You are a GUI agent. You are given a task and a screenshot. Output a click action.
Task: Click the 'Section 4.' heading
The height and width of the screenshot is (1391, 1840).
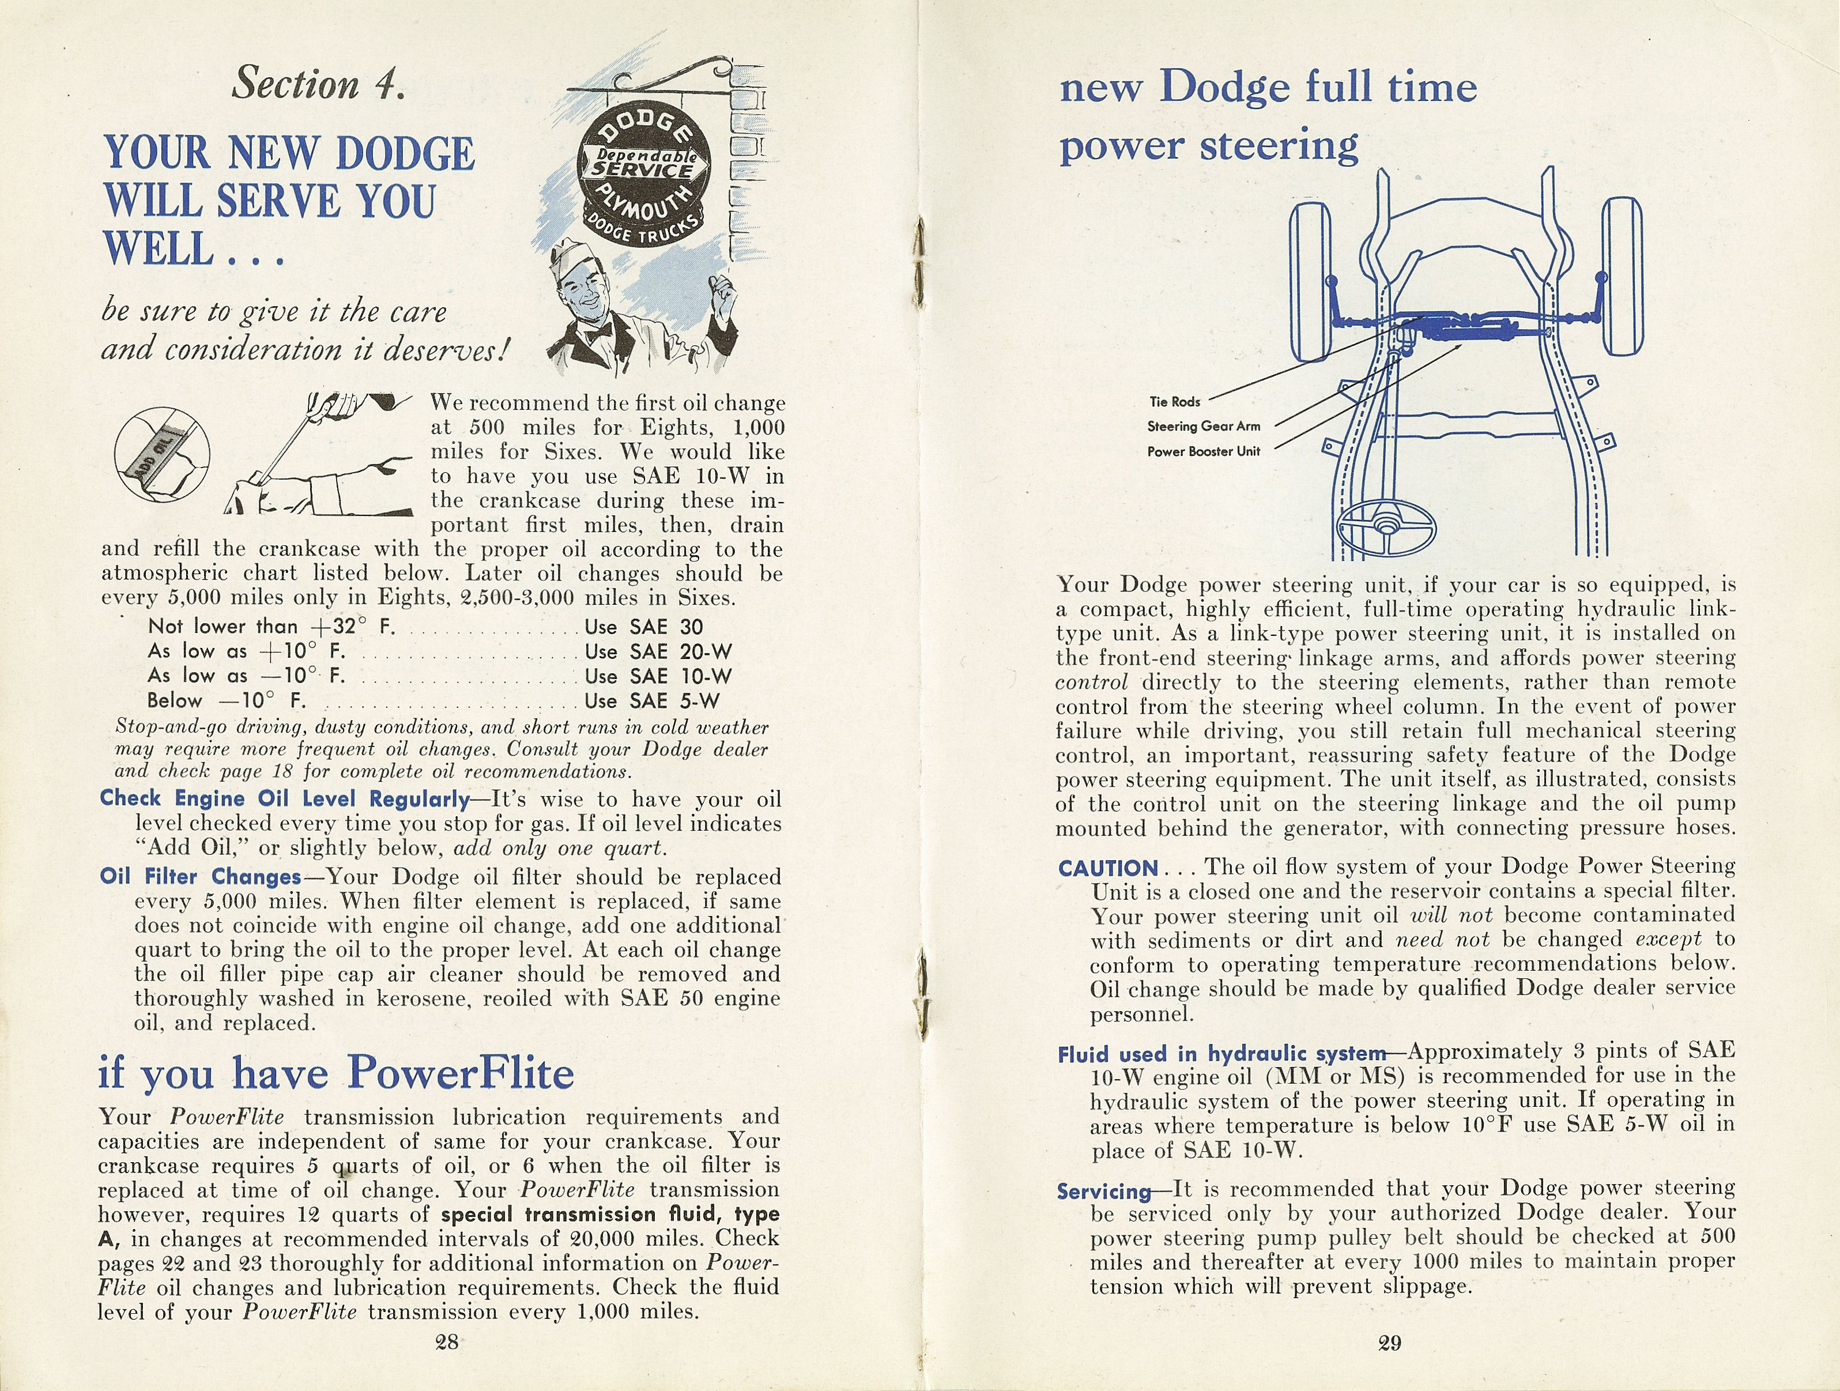tap(319, 84)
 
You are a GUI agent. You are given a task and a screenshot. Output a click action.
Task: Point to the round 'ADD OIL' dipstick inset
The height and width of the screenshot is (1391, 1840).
tap(162, 455)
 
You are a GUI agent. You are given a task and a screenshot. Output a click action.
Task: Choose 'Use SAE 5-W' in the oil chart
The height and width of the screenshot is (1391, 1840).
tap(651, 700)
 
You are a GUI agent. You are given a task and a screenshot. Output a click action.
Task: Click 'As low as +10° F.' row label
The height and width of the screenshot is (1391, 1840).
tap(246, 651)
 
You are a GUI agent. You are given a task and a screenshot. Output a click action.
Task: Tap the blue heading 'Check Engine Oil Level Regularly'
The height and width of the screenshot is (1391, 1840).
tap(285, 798)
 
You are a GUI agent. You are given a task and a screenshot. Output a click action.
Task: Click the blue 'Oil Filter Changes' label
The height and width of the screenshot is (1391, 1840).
tap(199, 877)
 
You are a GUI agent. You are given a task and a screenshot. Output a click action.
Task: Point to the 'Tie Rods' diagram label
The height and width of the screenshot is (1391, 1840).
tap(1175, 402)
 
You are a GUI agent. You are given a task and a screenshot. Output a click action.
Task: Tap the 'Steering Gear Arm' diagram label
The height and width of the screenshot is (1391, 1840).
tap(1203, 427)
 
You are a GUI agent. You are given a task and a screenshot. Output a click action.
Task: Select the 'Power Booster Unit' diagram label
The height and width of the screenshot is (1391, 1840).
tap(1203, 452)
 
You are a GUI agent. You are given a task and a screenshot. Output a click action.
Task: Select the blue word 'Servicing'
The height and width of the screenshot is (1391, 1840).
tap(1103, 1192)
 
